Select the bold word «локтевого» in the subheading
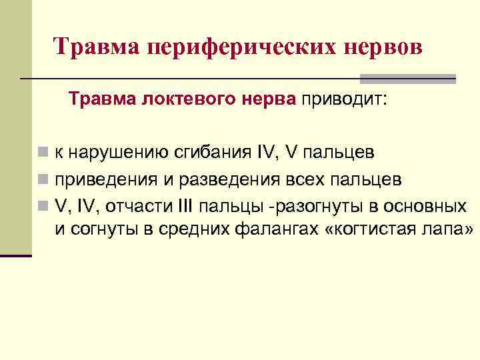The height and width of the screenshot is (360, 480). point(175,101)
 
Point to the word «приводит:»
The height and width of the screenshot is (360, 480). point(344,101)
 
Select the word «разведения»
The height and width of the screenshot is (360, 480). point(217,180)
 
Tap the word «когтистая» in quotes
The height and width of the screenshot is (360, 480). point(377,230)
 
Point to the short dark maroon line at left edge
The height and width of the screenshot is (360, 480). point(16,256)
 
